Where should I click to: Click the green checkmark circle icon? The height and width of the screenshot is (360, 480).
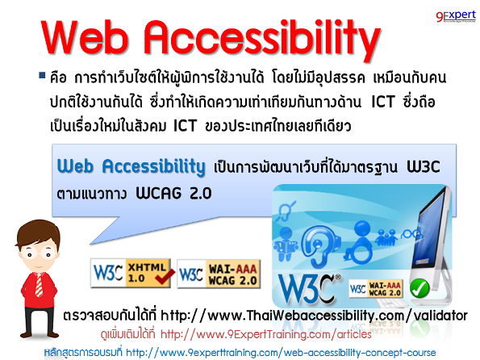[x=419, y=288]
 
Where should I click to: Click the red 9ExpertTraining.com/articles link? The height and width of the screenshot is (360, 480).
[x=266, y=333]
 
